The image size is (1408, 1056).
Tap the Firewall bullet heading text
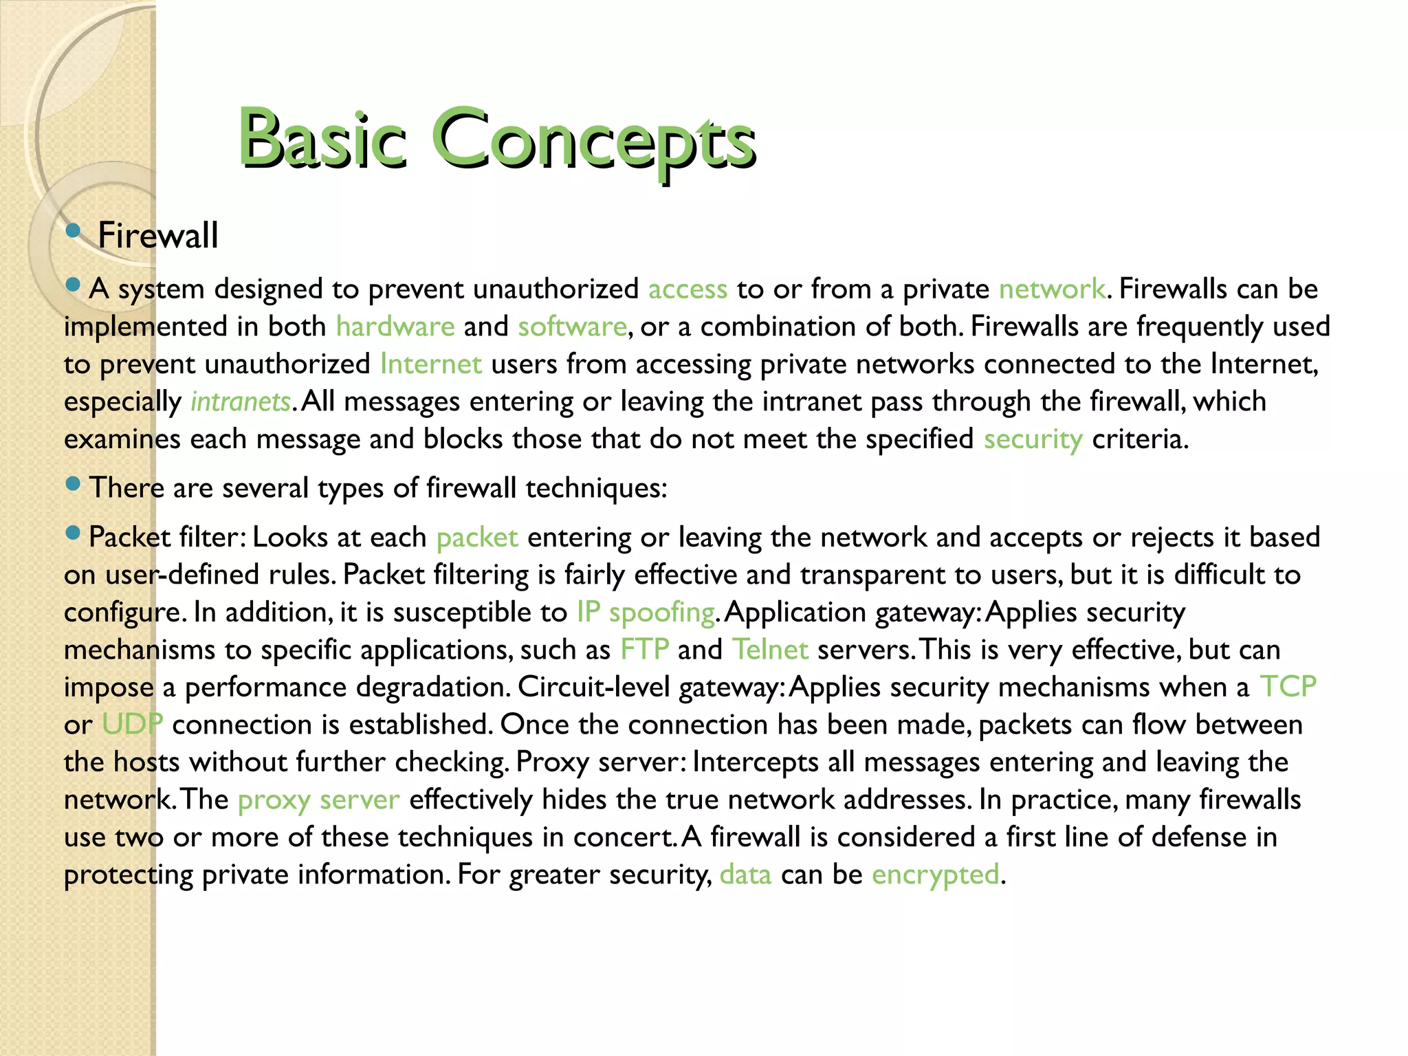click(x=157, y=236)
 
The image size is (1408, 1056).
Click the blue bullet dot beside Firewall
click(x=73, y=230)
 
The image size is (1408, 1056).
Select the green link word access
click(x=687, y=289)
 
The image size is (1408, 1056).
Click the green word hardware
click(x=395, y=327)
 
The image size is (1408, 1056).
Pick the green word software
click(x=572, y=327)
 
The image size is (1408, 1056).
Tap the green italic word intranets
click(x=241, y=401)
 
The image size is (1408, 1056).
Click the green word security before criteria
click(x=1033, y=439)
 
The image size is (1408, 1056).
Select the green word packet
click(x=477, y=538)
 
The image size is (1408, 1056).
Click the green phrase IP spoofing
click(x=646, y=613)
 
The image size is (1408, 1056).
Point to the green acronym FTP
click(x=644, y=650)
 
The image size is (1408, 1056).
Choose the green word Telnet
click(x=770, y=650)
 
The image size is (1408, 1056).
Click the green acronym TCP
click(x=1288, y=687)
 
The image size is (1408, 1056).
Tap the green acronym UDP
click(x=132, y=725)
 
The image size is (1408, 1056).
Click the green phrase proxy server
click(x=318, y=800)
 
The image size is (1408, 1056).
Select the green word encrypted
click(x=935, y=875)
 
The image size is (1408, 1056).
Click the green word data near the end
click(x=745, y=875)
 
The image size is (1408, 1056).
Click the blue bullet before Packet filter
click(x=73, y=532)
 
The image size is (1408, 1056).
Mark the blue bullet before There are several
click(x=73, y=483)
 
